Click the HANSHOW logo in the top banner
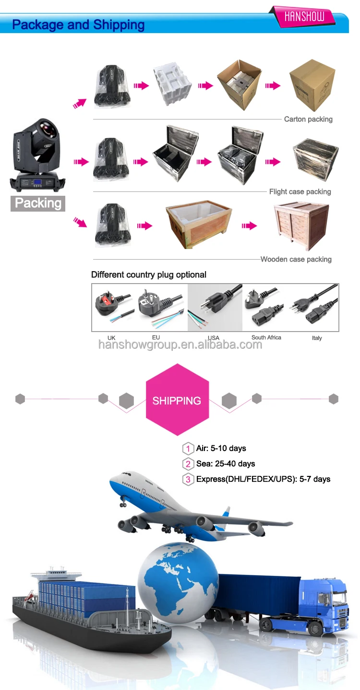click(304, 17)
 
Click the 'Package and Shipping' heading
click(78, 25)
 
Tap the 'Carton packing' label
click(308, 119)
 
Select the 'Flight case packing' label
click(300, 191)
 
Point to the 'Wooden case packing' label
click(296, 259)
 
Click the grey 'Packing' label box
click(38, 203)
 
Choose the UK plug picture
click(111, 308)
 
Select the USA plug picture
click(214, 307)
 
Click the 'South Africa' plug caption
click(266, 337)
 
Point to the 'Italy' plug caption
click(317, 338)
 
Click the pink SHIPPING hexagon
click(177, 400)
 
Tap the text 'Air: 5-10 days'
click(221, 448)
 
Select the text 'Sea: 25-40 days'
click(226, 464)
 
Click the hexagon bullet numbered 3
click(188, 479)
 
